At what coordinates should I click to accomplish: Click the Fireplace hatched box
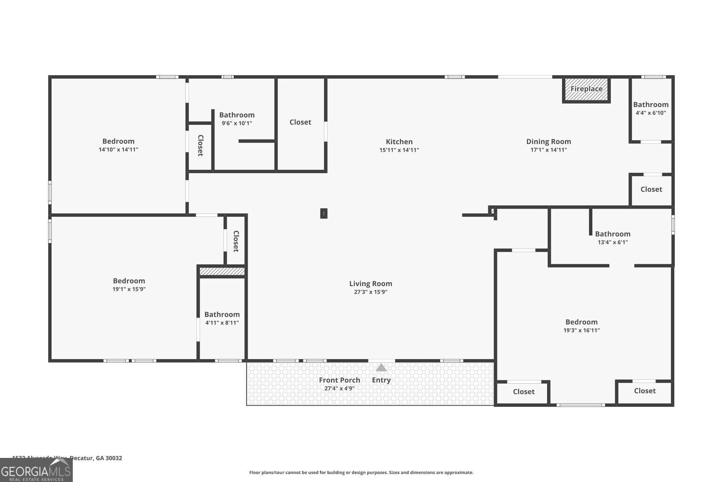[586, 90]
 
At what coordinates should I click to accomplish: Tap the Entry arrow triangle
[381, 368]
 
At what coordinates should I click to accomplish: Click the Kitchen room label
[399, 142]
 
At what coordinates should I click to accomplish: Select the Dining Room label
[549, 142]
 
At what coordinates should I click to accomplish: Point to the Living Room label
[371, 284]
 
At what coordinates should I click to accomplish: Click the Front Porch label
[339, 380]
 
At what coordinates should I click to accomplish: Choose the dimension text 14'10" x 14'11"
[119, 150]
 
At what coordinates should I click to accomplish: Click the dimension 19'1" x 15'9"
[129, 290]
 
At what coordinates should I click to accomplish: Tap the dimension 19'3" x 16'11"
[581, 331]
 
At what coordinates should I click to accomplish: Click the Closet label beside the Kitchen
[300, 122]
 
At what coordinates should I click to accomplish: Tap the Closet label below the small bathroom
[651, 189]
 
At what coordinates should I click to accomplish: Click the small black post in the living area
[324, 213]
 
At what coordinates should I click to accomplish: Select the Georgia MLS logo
[36, 470]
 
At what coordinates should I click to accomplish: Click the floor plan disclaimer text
[361, 473]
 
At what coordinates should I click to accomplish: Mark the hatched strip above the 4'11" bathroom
[222, 272]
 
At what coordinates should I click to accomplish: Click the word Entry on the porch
[381, 380]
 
